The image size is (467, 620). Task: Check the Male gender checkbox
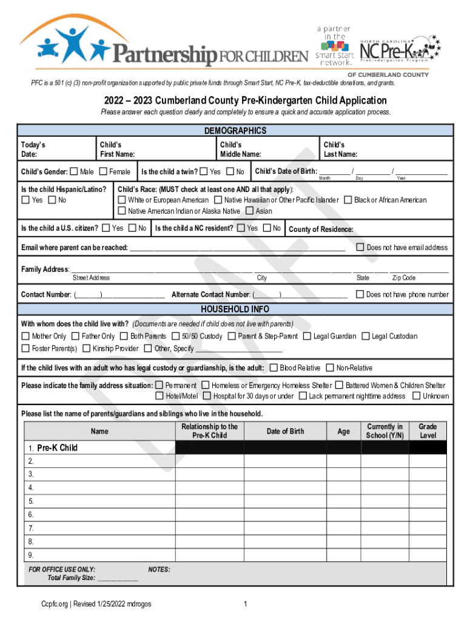(x=74, y=172)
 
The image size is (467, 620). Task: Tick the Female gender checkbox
(x=103, y=172)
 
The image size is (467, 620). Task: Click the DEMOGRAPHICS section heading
(x=235, y=131)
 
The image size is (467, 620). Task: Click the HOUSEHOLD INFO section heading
(x=235, y=309)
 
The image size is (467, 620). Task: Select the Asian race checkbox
(x=249, y=211)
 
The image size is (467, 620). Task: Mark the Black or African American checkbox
(x=348, y=200)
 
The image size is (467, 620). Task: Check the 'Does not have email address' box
(x=360, y=247)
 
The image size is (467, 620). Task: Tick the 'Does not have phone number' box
(x=360, y=294)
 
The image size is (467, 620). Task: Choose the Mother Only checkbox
(x=25, y=336)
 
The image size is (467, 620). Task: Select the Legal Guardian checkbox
(x=307, y=336)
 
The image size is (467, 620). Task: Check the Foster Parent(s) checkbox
(x=25, y=348)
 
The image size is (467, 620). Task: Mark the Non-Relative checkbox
(x=330, y=368)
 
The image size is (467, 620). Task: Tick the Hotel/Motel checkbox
(x=160, y=396)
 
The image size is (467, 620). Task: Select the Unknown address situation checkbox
(x=416, y=396)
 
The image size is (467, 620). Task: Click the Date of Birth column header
(x=285, y=431)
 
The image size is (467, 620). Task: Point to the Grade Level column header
(x=428, y=431)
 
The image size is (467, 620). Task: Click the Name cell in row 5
(x=100, y=501)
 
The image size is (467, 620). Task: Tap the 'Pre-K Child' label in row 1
(x=57, y=448)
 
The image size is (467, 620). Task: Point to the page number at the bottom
(x=245, y=604)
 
